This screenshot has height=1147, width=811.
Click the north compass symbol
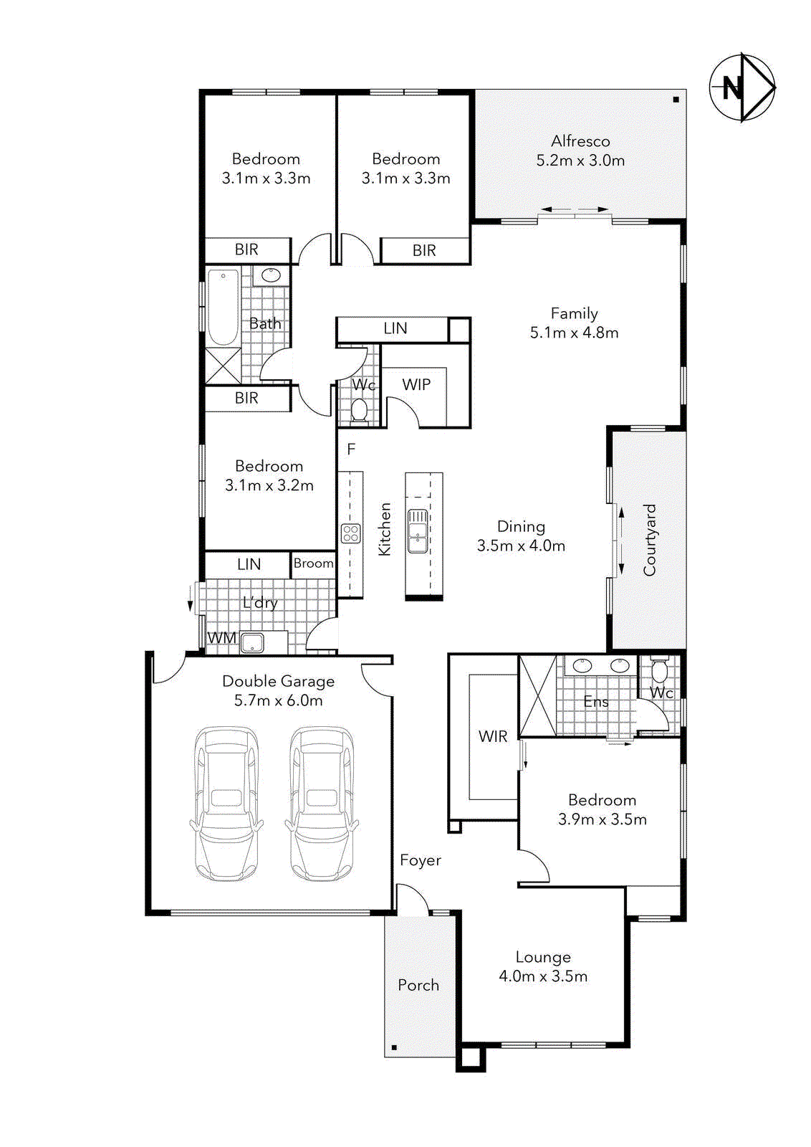pyautogui.click(x=742, y=87)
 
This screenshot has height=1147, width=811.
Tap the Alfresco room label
pyautogui.click(x=580, y=141)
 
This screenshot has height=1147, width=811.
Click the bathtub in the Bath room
pyautogui.click(x=224, y=308)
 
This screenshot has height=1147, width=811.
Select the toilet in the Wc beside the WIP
pyautogui.click(x=359, y=410)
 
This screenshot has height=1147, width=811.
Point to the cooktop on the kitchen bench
pyautogui.click(x=350, y=533)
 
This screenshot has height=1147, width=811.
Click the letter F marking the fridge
pyautogui.click(x=351, y=449)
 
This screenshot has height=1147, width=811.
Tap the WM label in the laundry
pyautogui.click(x=221, y=638)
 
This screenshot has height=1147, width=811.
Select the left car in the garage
pyautogui.click(x=226, y=803)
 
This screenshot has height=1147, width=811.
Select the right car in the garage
pyautogui.click(x=322, y=803)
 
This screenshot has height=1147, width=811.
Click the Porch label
pyautogui.click(x=418, y=985)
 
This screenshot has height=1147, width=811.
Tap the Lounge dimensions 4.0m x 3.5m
pyautogui.click(x=543, y=976)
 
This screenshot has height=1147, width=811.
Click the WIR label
pyautogui.click(x=493, y=736)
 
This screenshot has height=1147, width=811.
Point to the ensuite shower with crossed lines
pyautogui.click(x=538, y=696)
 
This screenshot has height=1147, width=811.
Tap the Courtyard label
pyautogui.click(x=650, y=540)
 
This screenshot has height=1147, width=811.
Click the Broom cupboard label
pyautogui.click(x=313, y=563)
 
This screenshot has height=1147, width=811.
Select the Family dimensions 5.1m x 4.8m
pyautogui.click(x=574, y=333)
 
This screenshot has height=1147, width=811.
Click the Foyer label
pyautogui.click(x=421, y=860)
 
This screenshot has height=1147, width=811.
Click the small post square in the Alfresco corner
pyautogui.click(x=676, y=100)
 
